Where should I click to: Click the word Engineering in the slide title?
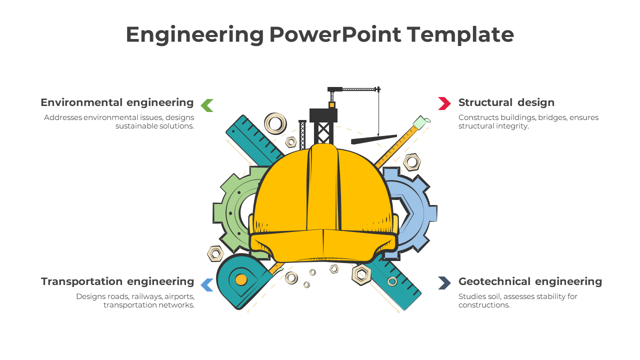coord(194,35)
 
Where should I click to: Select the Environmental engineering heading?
coord(117,102)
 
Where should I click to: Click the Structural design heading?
coord(506,102)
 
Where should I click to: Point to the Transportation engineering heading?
coord(117,281)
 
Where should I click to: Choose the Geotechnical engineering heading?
coord(530,281)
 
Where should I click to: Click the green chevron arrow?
coord(207,105)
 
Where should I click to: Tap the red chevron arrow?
coord(444,103)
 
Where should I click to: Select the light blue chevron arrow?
coord(207,284)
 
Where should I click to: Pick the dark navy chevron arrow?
coord(444,283)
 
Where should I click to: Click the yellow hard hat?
coord(322,205)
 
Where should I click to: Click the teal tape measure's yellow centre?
coord(241,279)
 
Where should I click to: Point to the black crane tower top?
coord(323,115)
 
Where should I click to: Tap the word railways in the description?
coord(145,296)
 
